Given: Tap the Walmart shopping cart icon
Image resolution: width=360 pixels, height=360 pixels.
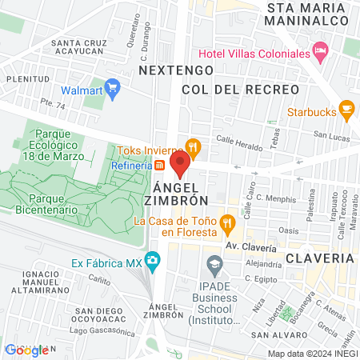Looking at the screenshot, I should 112,86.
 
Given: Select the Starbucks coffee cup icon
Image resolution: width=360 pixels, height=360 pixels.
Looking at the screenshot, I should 346,108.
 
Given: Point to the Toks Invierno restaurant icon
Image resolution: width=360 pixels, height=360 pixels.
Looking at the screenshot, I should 192,146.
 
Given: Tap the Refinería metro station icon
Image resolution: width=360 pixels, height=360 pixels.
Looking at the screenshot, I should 160,166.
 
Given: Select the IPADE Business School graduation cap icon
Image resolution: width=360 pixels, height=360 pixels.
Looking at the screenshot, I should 214,263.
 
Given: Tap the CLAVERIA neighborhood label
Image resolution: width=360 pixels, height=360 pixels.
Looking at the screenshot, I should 319,258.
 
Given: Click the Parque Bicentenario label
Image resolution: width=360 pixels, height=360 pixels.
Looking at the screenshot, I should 46,202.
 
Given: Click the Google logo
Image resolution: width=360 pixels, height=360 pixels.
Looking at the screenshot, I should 26,350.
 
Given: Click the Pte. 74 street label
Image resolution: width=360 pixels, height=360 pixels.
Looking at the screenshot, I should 53,103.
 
